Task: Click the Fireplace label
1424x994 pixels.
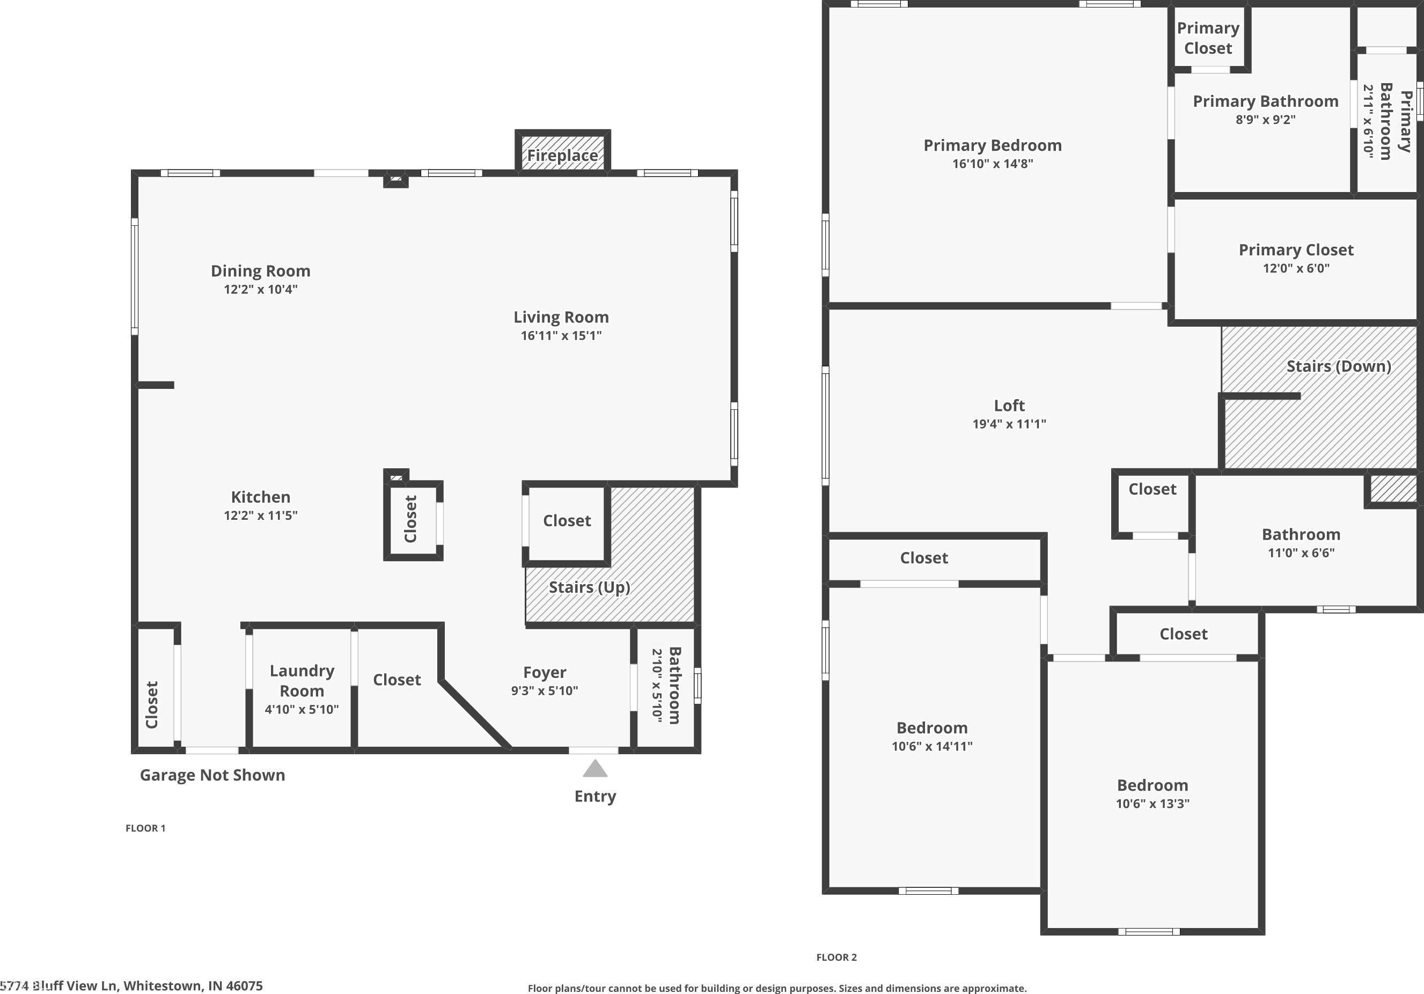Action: coord(562,155)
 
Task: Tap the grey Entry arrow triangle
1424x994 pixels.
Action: coord(595,768)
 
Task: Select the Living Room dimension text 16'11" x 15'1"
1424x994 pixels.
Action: coord(561,335)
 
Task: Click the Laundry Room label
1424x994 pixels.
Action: coord(302,680)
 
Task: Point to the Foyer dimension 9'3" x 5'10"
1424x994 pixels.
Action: coord(545,691)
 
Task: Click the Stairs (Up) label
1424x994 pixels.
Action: coord(589,587)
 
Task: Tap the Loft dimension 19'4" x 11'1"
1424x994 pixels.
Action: coord(1009,424)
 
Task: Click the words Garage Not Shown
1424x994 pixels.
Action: coord(212,775)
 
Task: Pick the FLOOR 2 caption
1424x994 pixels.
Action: coord(836,957)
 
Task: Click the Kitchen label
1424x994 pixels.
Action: coord(260,497)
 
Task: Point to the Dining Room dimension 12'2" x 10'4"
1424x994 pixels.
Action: coord(260,289)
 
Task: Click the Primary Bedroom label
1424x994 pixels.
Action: coord(992,145)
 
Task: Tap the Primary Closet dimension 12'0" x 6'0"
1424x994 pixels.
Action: coord(1296,269)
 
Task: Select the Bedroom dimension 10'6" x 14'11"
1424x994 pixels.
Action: coord(931,746)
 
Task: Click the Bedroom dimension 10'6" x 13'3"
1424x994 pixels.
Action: coord(1153,804)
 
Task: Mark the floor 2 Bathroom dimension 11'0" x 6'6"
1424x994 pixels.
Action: coord(1301,553)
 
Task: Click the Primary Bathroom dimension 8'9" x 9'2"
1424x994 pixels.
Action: coord(1265,120)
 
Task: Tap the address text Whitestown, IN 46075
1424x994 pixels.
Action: coord(193,985)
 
